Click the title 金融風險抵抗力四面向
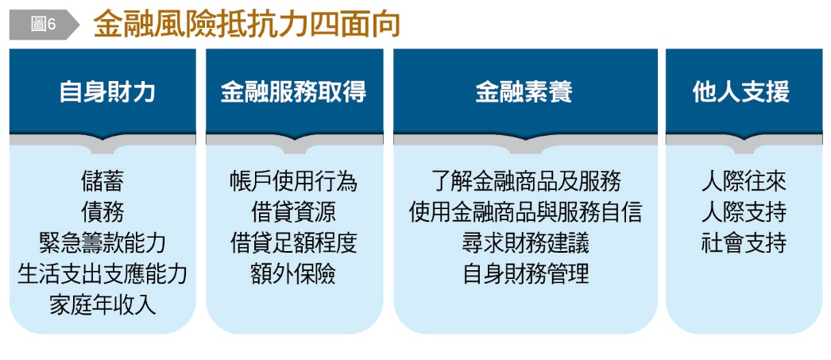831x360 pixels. tap(246, 25)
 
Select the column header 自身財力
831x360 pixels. tap(107, 92)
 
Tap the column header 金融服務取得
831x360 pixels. tap(294, 92)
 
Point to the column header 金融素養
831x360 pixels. tap(524, 92)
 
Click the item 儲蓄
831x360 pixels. tap(102, 181)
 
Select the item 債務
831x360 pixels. tap(102, 212)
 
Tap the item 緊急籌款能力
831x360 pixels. tap(102, 243)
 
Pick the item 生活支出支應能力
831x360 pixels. tap(102, 274)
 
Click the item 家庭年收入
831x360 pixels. tap(102, 305)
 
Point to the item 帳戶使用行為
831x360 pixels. tap(294, 181)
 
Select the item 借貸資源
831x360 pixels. tap(294, 212)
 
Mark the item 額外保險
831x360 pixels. tap(294, 274)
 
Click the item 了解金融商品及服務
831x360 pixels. tap(525, 181)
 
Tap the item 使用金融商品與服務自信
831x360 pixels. tap(525, 212)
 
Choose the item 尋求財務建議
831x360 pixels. tap(525, 243)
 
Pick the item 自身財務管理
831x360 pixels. tap(525, 274)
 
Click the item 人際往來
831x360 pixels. tap(744, 181)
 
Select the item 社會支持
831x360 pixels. tap(744, 243)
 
